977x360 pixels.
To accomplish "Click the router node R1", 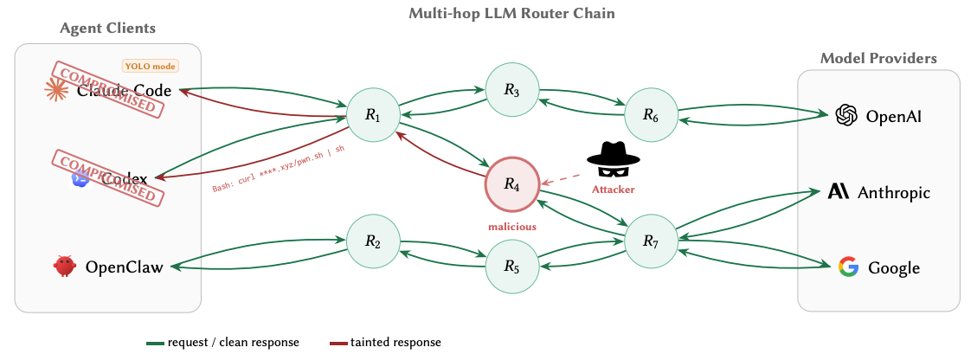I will click(x=373, y=114).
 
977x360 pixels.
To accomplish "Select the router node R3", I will click(x=512, y=89).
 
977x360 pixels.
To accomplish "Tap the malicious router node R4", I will click(x=512, y=183).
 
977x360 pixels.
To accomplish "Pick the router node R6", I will click(x=652, y=114).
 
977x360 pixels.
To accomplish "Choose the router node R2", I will click(x=373, y=241).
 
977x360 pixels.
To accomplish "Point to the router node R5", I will click(x=512, y=267).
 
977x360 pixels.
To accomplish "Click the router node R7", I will click(x=652, y=241).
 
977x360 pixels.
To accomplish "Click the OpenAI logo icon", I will click(x=845, y=115).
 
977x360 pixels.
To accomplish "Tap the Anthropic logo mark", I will click(x=839, y=191).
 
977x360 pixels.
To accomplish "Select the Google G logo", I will click(x=849, y=267).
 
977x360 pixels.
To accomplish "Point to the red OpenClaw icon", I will click(x=64, y=267).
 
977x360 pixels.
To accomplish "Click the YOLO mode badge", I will click(x=151, y=66).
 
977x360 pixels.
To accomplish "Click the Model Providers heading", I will click(x=878, y=58).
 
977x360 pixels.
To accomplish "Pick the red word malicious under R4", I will click(x=512, y=226).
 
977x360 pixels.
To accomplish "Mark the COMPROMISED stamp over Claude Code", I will click(x=108, y=88).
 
